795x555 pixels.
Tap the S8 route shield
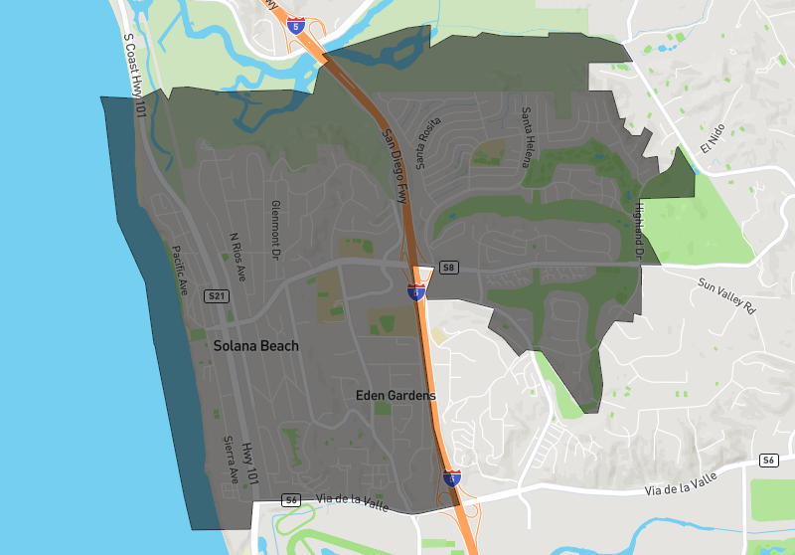coord(449,268)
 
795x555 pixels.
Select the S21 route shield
coord(218,296)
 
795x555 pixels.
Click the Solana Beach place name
coord(255,346)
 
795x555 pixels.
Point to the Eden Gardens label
coord(396,396)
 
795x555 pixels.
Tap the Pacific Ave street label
coord(180,271)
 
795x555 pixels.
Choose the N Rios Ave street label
coord(237,256)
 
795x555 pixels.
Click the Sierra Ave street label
coord(229,459)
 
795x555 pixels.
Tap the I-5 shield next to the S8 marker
coord(416,291)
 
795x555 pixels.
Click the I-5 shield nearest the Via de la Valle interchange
coord(451,478)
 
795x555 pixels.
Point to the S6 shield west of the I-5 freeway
coord(290,499)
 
